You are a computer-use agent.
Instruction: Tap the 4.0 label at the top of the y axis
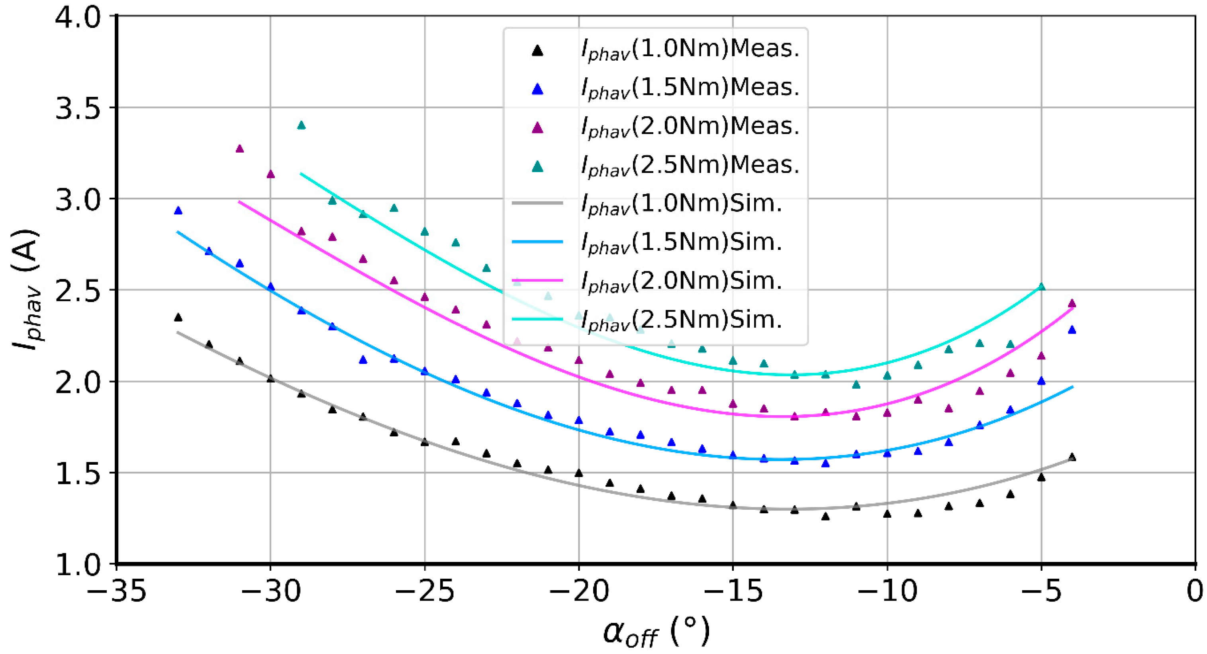77,18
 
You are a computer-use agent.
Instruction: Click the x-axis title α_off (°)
656,633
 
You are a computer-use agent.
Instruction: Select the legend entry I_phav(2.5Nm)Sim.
682,320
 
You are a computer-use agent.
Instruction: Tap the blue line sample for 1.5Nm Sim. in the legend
537,242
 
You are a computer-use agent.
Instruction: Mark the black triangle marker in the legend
537,51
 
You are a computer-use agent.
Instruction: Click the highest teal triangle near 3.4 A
301,125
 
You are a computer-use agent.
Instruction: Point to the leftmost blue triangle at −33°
178,210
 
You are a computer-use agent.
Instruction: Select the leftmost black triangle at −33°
178,317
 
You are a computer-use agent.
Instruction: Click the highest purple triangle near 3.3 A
239,149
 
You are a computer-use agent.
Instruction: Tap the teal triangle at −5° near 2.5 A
1042,287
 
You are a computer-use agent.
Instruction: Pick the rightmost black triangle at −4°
1072,457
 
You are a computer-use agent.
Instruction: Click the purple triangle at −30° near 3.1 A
270,174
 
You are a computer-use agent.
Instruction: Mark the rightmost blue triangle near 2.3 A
1072,330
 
